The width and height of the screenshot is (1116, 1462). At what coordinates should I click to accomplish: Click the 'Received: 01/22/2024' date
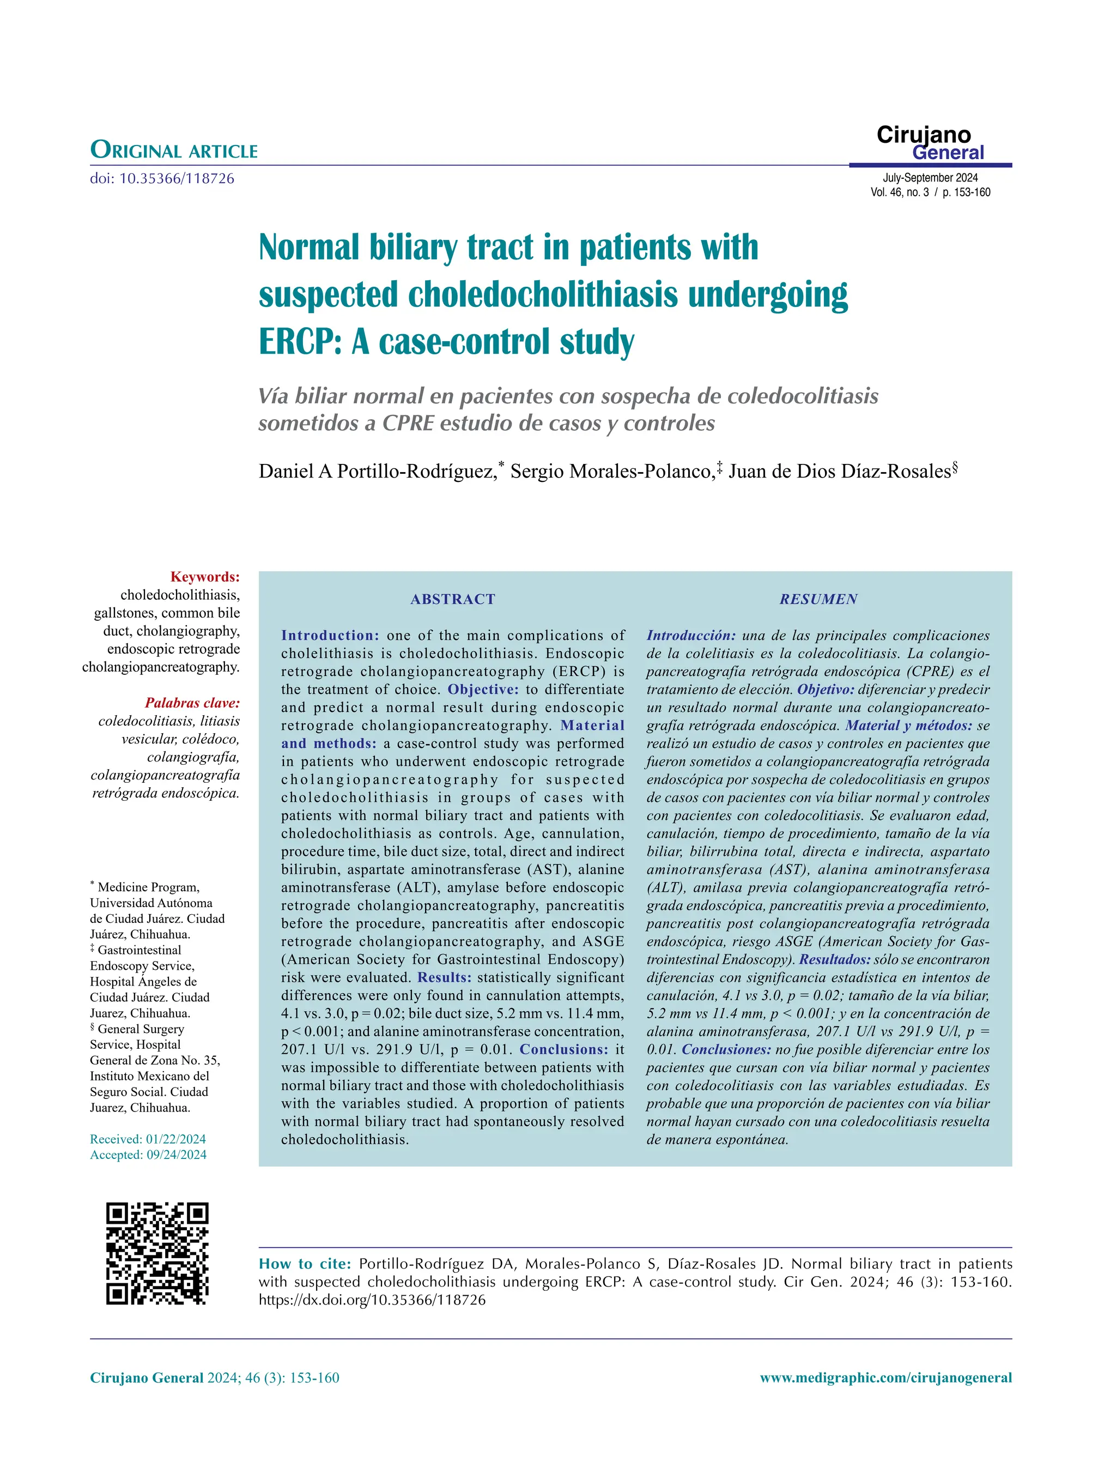148,1139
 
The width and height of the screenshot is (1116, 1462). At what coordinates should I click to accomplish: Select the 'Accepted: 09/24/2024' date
148,1155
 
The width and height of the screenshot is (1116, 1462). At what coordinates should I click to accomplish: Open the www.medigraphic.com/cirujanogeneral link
885,1378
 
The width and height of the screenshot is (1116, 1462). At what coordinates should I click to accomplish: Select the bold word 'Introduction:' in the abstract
330,635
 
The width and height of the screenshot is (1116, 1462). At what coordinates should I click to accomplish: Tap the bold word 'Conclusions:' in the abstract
563,1049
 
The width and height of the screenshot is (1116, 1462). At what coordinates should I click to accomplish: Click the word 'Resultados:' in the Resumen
834,959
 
